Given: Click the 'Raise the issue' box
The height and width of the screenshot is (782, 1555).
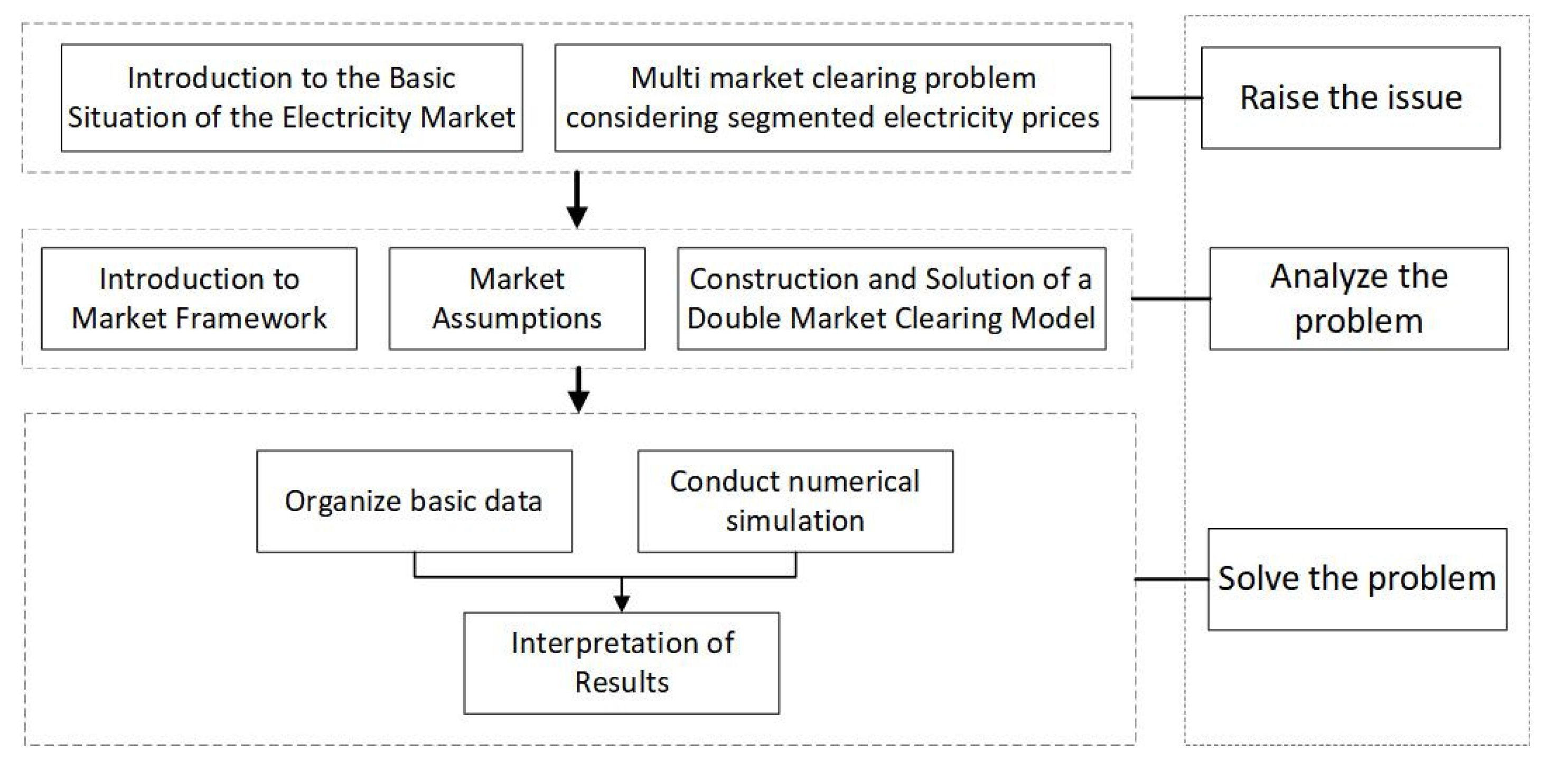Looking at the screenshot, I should (x=1351, y=98).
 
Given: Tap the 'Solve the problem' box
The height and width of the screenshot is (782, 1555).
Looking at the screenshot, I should (x=1357, y=579).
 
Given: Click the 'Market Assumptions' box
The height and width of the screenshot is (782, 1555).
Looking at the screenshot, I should (x=517, y=298).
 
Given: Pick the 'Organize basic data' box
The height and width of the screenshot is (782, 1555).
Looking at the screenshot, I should (x=414, y=501).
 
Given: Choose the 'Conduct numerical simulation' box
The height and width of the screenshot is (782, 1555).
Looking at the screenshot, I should (x=795, y=501).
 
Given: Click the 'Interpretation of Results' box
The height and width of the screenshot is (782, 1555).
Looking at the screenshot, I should (x=621, y=663).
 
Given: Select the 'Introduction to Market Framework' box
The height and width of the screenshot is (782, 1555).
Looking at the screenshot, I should (x=199, y=298).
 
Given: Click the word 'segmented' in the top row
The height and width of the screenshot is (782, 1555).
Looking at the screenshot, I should (x=797, y=118).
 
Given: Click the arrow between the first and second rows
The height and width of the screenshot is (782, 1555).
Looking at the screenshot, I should (x=577, y=199).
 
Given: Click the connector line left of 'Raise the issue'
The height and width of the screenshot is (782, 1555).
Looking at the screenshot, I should (x=1166, y=97).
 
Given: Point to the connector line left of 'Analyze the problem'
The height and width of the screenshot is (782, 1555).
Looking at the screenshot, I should (x=1170, y=298).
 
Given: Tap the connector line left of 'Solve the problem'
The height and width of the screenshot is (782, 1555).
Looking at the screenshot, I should (x=1172, y=579).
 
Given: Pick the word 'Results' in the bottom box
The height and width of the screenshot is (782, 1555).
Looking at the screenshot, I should (x=622, y=682).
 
